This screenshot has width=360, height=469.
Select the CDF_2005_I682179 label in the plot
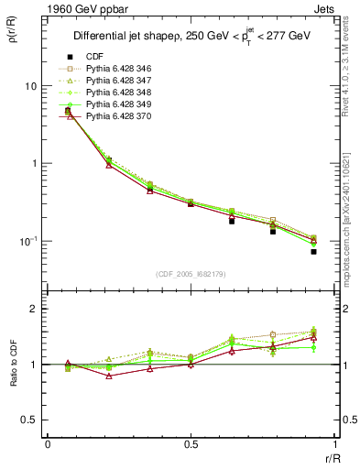(x=191, y=273)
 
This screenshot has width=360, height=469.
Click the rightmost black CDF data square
(x=313, y=251)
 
